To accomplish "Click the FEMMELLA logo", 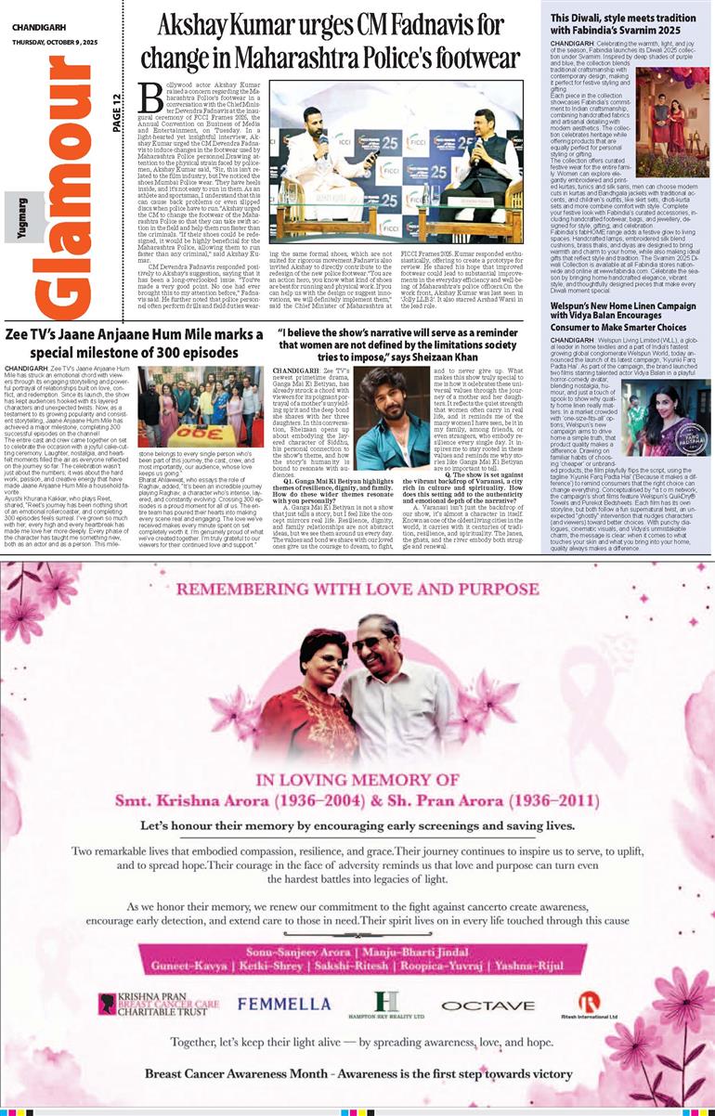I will click(x=283, y=1004).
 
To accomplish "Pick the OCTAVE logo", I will click(x=474, y=1005).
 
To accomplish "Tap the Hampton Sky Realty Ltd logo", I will click(x=386, y=1005).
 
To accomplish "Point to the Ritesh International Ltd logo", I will click(x=589, y=1005).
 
